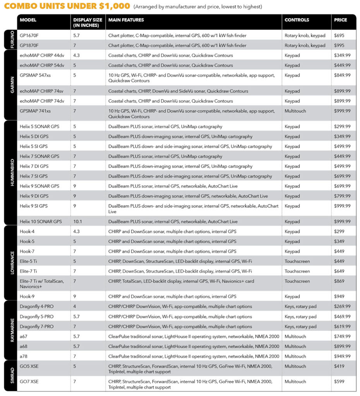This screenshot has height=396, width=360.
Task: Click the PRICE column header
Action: [x=341, y=20]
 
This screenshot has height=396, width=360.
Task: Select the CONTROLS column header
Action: [x=297, y=20]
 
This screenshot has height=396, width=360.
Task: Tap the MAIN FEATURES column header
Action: [x=126, y=20]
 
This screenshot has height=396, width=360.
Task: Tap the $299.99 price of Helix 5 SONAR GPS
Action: [x=342, y=126]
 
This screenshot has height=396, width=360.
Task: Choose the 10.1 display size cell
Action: [x=77, y=222]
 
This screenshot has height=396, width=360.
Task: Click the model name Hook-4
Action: [x=27, y=232]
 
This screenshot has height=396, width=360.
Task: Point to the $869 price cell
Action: [x=339, y=281]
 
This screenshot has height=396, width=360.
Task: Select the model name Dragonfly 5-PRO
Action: [x=36, y=317]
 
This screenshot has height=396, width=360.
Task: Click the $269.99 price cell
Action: [x=342, y=307]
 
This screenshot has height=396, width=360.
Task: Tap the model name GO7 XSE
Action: [x=29, y=382]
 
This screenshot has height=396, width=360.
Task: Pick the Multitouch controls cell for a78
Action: [x=296, y=357]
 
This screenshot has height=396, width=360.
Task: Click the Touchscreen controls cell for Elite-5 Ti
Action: [x=297, y=261]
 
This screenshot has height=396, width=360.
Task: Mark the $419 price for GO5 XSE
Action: [x=339, y=366]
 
